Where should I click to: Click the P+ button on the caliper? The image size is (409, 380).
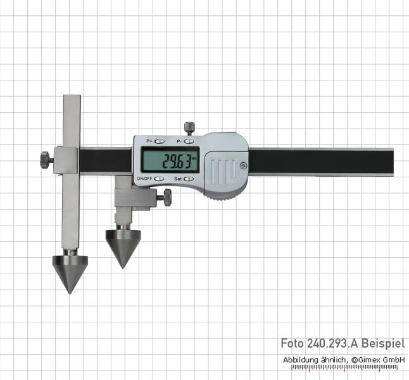click(160, 141)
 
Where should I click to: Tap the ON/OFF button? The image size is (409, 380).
click(159, 179)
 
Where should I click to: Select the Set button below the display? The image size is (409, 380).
click(189, 179)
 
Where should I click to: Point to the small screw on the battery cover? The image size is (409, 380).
click(243, 165)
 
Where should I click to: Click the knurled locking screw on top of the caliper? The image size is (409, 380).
click(190, 127)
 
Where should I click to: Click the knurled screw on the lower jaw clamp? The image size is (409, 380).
click(167, 198)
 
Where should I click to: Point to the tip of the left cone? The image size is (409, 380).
click(70, 294)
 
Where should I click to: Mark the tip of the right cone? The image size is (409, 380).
click(123, 269)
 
